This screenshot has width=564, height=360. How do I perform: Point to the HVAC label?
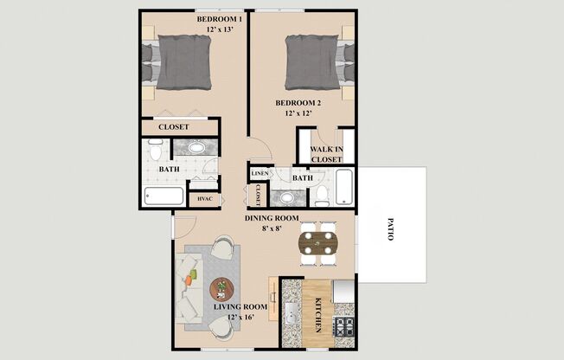pyautogui.click(x=205, y=199)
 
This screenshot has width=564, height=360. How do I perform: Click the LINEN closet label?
pyautogui.click(x=259, y=174)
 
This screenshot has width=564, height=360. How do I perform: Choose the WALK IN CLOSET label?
pyautogui.click(x=326, y=154)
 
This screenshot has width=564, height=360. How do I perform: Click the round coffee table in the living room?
pyautogui.click(x=222, y=287)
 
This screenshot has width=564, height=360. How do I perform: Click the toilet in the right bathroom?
pyautogui.click(x=320, y=194)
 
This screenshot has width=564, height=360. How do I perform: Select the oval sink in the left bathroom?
pyautogui.click(x=198, y=148)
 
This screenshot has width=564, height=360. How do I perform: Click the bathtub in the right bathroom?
pyautogui.click(x=344, y=187)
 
